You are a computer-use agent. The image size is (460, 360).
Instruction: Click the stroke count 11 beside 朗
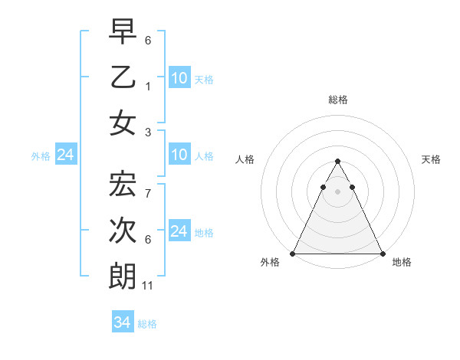tap(149, 286)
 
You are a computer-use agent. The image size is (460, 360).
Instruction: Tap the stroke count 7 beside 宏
tap(148, 192)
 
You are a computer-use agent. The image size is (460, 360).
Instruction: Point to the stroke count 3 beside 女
tap(148, 133)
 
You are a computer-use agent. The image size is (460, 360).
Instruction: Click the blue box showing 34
tap(122, 322)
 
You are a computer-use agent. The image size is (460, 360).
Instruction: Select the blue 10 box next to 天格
tap(179, 78)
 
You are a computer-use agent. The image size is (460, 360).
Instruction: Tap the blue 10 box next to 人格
tap(179, 155)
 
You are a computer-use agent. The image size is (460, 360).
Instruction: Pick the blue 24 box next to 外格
tap(65, 155)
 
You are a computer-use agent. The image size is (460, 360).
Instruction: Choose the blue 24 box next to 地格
tap(179, 231)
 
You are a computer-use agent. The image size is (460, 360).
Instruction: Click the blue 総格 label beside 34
tap(147, 324)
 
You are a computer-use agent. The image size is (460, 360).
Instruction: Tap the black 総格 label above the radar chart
tap(337, 100)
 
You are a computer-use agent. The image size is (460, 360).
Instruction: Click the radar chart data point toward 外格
tap(293, 254)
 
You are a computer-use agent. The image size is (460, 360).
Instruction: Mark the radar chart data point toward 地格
tap(382, 254)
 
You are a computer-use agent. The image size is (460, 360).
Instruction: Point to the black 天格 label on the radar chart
tap(432, 159)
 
